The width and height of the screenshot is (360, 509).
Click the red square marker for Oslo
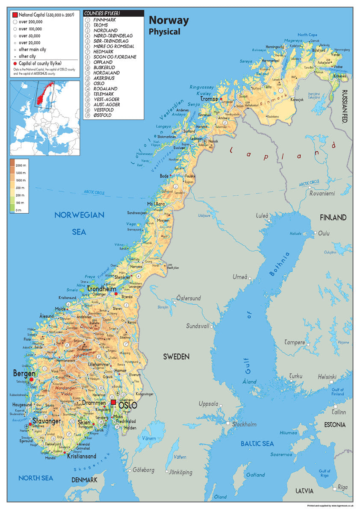click(x=113, y=403)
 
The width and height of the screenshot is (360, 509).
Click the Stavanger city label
click(x=46, y=421)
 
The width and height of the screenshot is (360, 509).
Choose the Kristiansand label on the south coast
click(x=81, y=456)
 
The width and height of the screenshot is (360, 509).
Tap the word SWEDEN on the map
click(x=176, y=356)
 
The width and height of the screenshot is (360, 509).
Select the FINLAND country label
click(x=333, y=218)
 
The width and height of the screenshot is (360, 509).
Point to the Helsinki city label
click(x=327, y=377)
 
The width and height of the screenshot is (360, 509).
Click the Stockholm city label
click(x=244, y=424)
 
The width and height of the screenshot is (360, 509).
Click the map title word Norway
click(x=168, y=20)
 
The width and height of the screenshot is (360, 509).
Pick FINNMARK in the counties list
click(x=105, y=20)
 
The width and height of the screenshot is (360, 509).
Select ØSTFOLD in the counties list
click(x=103, y=115)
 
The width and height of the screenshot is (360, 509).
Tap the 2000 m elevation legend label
click(x=21, y=165)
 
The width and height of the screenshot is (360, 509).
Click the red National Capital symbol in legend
click(x=15, y=15)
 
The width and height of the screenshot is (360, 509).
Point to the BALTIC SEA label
click(x=257, y=444)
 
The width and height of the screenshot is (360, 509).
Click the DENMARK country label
click(x=84, y=480)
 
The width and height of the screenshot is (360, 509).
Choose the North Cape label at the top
click(x=307, y=35)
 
